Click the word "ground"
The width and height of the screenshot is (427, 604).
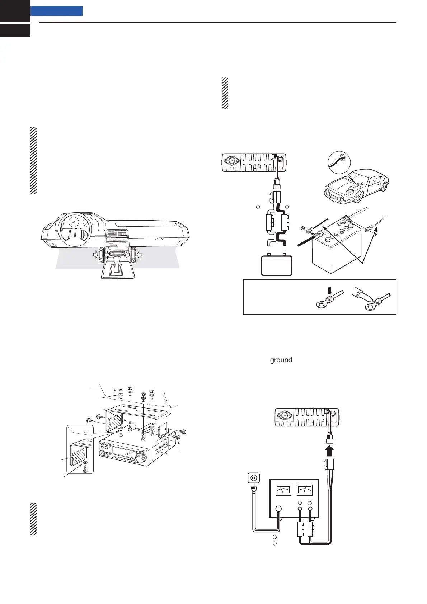pos(281,360)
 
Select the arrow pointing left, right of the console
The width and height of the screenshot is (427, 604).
pos(140,254)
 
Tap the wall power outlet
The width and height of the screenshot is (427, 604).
pos(254,478)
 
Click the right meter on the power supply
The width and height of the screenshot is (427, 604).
pos(304,490)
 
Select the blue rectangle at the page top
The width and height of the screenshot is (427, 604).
pos(56,11)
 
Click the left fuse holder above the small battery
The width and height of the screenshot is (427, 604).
pos(270,222)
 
